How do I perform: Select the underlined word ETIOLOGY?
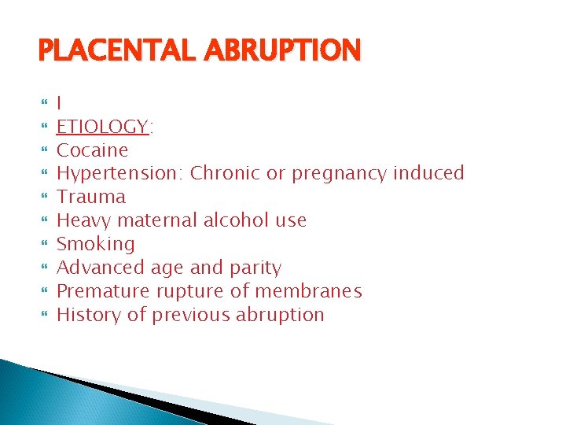(103, 127)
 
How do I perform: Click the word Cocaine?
(93, 150)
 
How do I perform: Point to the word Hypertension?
(119, 174)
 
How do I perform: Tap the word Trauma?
(91, 197)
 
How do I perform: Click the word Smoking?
(96, 245)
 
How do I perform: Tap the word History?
(85, 315)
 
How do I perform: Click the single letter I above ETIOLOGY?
(61, 103)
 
